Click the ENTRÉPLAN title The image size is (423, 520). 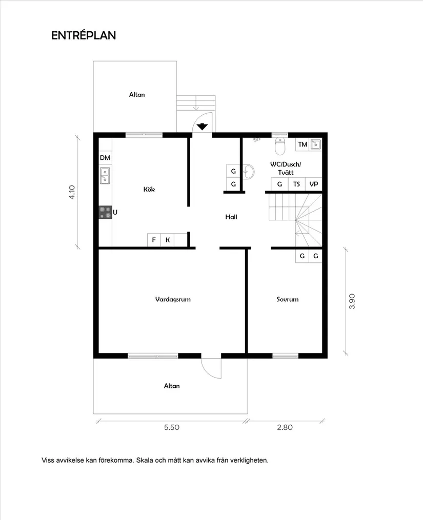pos(84,35)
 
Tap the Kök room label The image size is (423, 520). pos(149,189)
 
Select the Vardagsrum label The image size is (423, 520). pos(173,299)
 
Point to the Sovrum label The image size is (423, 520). pos(287,299)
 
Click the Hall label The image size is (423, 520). pos(231,217)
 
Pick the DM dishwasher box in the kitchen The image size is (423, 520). pos(105,158)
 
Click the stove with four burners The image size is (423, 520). pos(106,213)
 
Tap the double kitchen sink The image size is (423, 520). pos(105,176)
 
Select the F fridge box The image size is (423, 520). pos(154,240)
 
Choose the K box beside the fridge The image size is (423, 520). pos(168,240)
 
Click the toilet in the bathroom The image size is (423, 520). pos(280,146)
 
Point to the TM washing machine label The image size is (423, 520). pos(303,144)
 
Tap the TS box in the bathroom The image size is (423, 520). pos(296,184)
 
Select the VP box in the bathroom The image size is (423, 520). pos(313,184)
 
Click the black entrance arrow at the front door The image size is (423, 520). pos(203,127)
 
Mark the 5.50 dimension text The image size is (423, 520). pos(171,427)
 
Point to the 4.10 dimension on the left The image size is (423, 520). pos(72,192)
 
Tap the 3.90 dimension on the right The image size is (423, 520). pos(352,301)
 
